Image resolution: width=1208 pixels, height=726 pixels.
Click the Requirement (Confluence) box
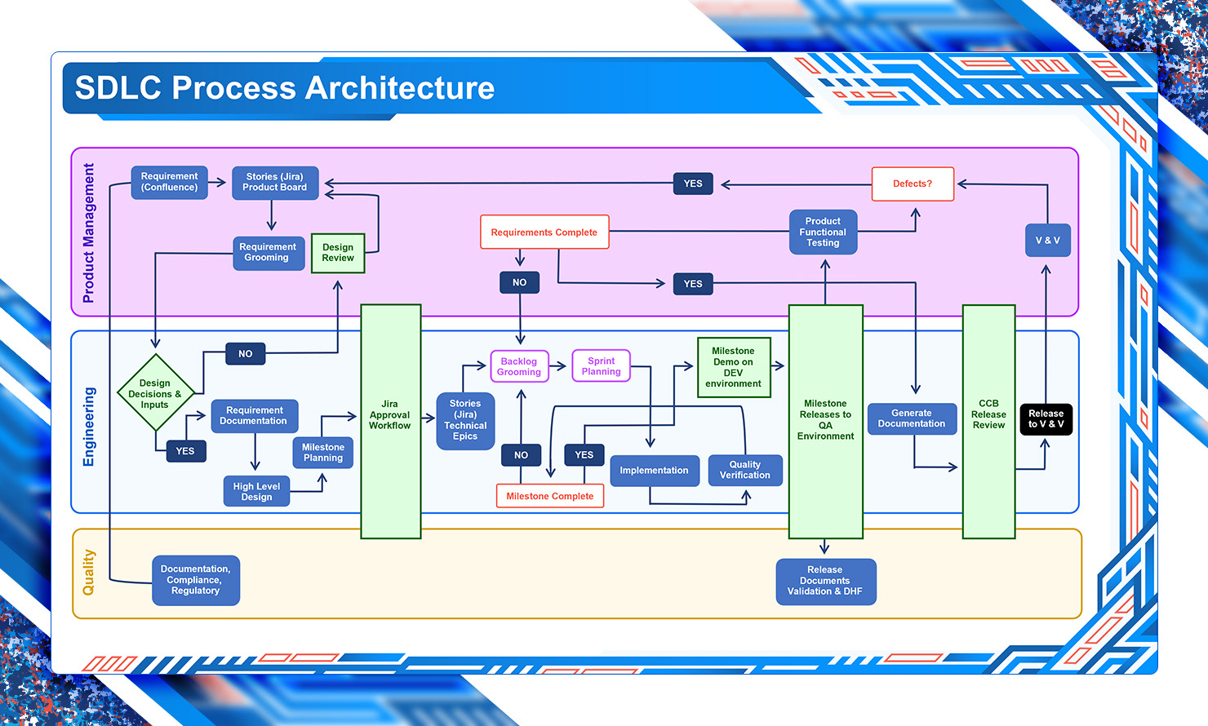[x=170, y=182]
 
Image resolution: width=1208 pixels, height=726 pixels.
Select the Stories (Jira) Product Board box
[x=274, y=182]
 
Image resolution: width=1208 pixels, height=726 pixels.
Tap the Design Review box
[x=338, y=253]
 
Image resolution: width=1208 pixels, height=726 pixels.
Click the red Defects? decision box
[x=913, y=184]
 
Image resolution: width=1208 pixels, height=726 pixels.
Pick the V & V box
[x=1047, y=241]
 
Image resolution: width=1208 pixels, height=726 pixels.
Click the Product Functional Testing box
[x=823, y=232]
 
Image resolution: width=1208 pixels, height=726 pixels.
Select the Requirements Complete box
[x=544, y=232]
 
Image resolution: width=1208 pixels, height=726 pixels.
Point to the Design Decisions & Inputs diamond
[x=155, y=393]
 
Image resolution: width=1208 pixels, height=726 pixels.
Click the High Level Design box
[x=256, y=491]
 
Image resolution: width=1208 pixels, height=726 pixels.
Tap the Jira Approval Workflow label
[x=390, y=414]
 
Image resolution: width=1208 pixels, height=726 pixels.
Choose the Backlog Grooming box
[x=519, y=366]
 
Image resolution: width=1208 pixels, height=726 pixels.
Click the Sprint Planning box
[x=602, y=366]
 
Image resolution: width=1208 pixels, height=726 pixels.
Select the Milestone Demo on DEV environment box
[x=734, y=367]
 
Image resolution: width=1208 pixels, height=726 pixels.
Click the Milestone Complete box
[x=550, y=496]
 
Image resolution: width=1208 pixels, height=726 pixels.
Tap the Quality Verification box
[x=744, y=470]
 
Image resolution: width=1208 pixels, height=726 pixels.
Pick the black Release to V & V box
[x=1046, y=419]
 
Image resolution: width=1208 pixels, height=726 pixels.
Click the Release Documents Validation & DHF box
[x=825, y=581]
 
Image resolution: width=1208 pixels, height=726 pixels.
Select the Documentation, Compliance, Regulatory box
[x=196, y=580]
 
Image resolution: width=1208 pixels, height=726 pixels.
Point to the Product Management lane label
[x=88, y=233]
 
